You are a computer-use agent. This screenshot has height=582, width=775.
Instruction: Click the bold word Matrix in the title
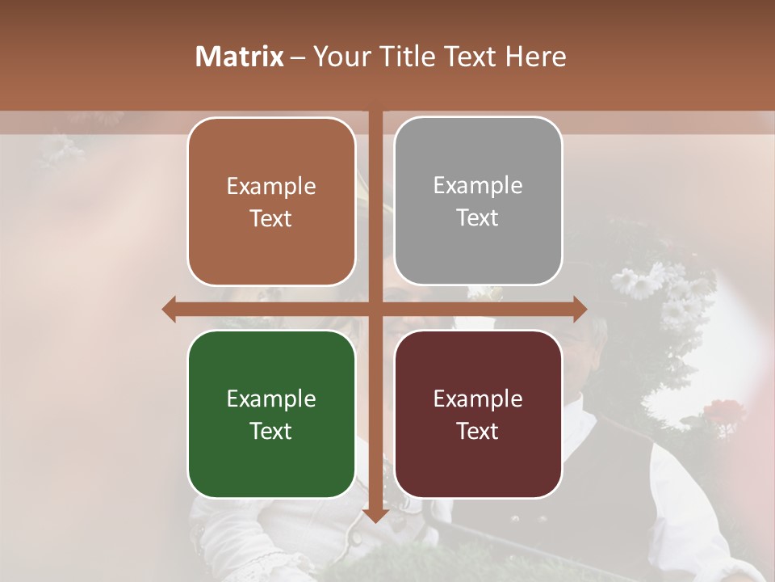(x=240, y=57)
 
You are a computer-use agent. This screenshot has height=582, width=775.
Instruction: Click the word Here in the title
(x=535, y=57)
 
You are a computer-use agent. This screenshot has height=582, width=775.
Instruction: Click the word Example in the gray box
(x=478, y=186)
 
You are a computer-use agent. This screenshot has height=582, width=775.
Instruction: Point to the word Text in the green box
(x=271, y=431)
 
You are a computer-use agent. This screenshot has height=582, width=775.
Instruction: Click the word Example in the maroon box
(x=478, y=399)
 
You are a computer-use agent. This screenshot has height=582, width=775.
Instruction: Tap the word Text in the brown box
(x=271, y=218)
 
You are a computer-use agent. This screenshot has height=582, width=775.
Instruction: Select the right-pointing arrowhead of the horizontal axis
(x=579, y=309)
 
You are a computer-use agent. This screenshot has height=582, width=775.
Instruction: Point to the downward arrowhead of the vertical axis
(x=375, y=515)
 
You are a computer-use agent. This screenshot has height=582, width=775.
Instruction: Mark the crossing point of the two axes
(x=375, y=309)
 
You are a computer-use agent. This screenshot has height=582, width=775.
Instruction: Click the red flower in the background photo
(x=723, y=412)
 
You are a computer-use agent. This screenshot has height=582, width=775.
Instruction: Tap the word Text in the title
(x=469, y=57)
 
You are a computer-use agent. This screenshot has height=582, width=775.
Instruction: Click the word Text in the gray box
(x=478, y=218)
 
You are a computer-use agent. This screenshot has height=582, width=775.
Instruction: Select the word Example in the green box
(x=271, y=399)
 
